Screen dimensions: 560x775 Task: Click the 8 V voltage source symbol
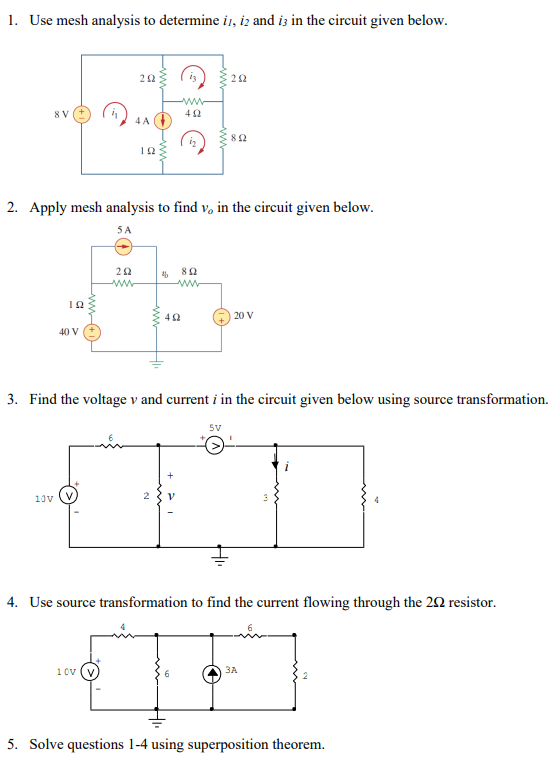[83, 113]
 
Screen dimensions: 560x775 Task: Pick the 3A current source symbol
[213, 672]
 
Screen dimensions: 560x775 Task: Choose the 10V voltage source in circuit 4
[99, 672]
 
